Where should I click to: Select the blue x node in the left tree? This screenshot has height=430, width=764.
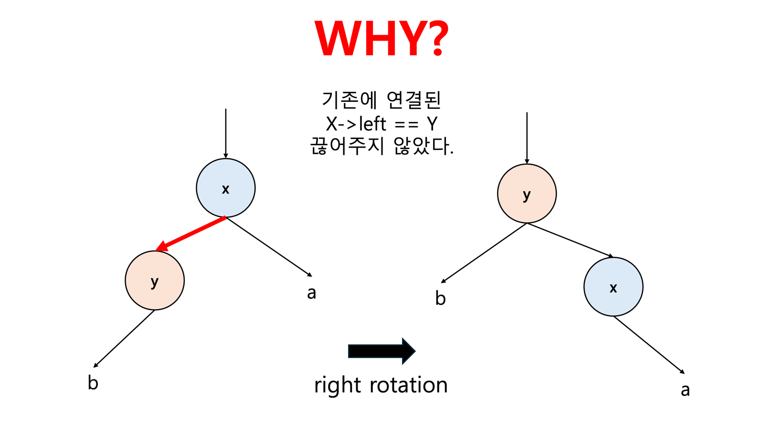click(225, 188)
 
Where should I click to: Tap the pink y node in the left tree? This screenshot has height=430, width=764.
click(154, 280)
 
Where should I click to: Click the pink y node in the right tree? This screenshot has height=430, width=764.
click(527, 193)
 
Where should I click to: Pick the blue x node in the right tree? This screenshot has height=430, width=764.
click(613, 287)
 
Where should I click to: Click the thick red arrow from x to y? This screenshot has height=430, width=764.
click(191, 233)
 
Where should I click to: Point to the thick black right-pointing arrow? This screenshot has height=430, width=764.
click(382, 351)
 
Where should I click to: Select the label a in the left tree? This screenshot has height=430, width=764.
click(311, 292)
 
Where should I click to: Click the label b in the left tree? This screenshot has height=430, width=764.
click(93, 383)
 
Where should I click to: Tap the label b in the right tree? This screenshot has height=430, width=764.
click(440, 298)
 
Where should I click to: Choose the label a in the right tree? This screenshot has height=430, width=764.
click(685, 390)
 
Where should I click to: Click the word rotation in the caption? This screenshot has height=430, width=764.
click(408, 385)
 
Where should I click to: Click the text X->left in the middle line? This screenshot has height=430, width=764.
click(356, 124)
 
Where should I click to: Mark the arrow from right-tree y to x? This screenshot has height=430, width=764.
click(570, 240)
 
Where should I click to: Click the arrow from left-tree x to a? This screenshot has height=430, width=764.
click(269, 247)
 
